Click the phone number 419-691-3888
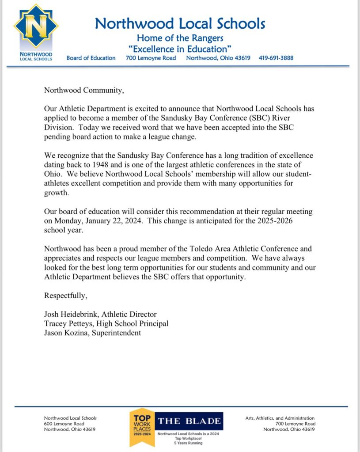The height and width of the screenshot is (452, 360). pos(276,58)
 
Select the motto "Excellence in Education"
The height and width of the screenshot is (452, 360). pos(180,48)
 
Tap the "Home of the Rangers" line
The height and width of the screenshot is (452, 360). pos(180,38)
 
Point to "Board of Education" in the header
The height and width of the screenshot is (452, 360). pos(91,58)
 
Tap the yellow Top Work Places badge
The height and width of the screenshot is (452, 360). pos(142,426)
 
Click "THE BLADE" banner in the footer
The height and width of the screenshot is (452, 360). pos(190,421)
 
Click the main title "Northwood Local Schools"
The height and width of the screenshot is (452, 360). pos(180,23)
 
